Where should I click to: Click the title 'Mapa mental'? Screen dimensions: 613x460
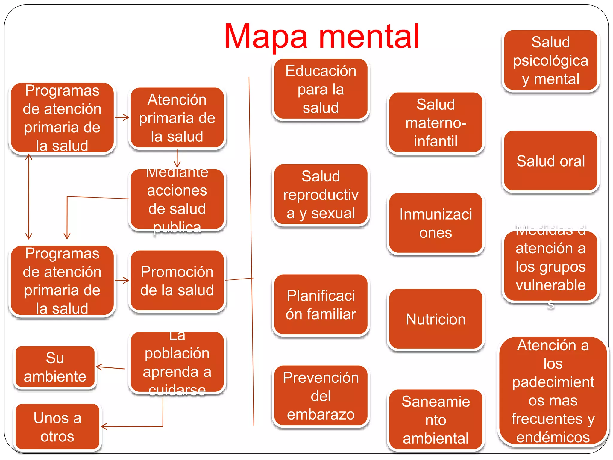coord(321,37)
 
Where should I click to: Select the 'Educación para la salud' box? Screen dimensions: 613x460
coord(321,89)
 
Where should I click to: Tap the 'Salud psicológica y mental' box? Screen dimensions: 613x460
coord(550,60)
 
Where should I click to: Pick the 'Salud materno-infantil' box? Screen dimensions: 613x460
coord(436,123)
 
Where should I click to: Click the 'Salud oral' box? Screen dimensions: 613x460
coord(550,161)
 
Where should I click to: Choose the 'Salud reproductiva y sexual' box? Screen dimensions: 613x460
coord(321,195)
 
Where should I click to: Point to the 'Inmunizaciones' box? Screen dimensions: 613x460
coord(436,223)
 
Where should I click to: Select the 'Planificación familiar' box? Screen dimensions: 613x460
coord(321,305)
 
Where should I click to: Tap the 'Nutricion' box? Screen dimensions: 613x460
coord(436,319)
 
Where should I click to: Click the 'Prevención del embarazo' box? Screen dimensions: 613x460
coord(321,396)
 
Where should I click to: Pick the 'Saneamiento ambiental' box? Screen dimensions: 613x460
coord(436,420)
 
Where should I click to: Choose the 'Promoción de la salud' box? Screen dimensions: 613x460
coord(177,281)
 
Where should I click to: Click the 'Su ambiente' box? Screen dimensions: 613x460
coord(55,367)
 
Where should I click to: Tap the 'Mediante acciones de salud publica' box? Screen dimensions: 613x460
coord(177,199)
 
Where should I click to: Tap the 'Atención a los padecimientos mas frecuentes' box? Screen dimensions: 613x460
coord(553,391)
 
